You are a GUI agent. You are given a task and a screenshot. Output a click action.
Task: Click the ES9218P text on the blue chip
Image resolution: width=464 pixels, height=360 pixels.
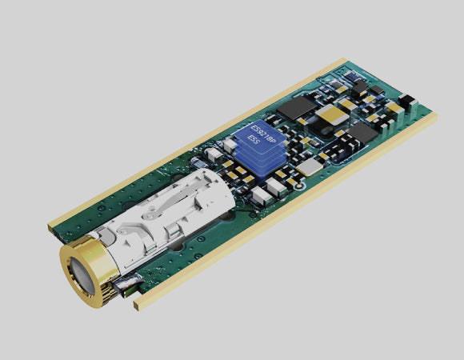pos(263,135)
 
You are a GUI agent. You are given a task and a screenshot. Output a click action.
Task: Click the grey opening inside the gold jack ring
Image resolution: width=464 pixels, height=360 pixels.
pos(82,276)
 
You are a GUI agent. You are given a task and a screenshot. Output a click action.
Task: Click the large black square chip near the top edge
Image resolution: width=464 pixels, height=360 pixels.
pos(296,107)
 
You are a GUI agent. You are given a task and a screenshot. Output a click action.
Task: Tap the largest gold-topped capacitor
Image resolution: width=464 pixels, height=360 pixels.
pos(332,114)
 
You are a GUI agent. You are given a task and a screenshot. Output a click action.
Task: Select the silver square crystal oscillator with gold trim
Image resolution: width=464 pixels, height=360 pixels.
pos(310,167)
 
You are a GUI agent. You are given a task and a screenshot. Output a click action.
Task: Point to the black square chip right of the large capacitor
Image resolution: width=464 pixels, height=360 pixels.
pos(362,133)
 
